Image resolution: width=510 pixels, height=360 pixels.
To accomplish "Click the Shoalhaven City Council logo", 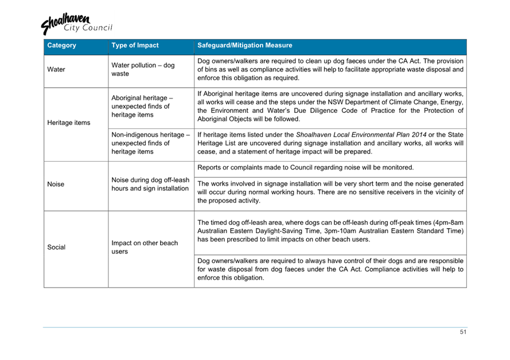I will pyautogui.click(x=76, y=24).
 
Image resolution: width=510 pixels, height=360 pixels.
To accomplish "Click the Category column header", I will pyautogui.click(x=62, y=45).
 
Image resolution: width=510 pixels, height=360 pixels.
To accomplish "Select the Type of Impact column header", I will pyautogui.click(x=135, y=45).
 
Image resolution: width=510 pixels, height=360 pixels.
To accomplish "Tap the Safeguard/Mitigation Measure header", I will pyautogui.click(x=244, y=45).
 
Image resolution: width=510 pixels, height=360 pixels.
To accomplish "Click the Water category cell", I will pyautogui.click(x=56, y=70).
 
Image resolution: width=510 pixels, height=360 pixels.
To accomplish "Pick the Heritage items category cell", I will pyautogui.click(x=69, y=123).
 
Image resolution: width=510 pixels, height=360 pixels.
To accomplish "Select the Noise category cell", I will pyautogui.click(x=56, y=185).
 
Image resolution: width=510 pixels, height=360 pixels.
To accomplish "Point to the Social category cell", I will pyautogui.click(x=56, y=248).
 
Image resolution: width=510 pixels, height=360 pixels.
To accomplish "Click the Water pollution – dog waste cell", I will pyautogui.click(x=143, y=69).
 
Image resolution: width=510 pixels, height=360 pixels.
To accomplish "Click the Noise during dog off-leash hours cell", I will pyautogui.click(x=149, y=184).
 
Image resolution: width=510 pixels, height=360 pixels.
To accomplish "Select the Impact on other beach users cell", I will pyautogui.click(x=145, y=247).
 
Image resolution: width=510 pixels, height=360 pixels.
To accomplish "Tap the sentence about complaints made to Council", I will pyautogui.click(x=305, y=167).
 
